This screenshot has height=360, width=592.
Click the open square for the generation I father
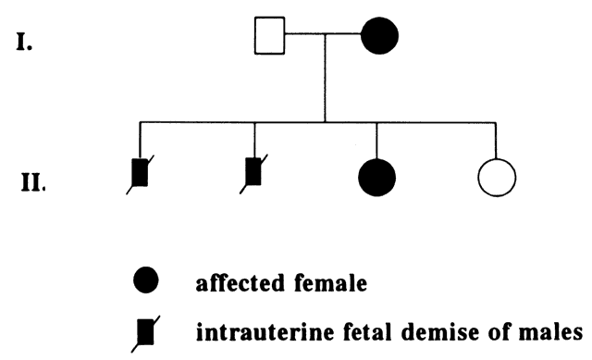tap(269, 35)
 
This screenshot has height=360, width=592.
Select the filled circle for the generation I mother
tap(379, 35)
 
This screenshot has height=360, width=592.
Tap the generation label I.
tap(24, 42)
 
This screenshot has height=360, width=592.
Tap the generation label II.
tap(33, 182)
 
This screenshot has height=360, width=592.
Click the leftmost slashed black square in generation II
tap(140, 173)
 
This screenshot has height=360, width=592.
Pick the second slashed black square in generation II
tap(253, 172)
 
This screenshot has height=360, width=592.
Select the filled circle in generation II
tap(376, 178)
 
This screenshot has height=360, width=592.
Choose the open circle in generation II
tap(497, 178)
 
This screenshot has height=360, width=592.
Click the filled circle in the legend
tap(146, 279)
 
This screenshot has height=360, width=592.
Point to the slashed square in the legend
tap(145, 332)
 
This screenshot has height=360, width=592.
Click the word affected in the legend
tap(240, 282)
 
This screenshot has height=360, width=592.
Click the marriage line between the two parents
tap(323, 34)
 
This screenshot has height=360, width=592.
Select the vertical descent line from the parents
tap(325, 78)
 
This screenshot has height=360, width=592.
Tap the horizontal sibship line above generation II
tap(318, 122)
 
